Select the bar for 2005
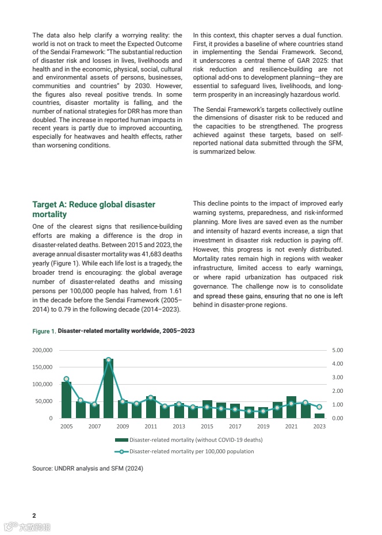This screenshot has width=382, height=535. pos(66,400)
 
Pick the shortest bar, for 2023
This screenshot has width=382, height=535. pos(319,415)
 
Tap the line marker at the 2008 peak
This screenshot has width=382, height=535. pos(109,360)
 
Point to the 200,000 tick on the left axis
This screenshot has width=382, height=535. pos(43,350)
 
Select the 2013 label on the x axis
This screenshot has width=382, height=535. pos(179,427)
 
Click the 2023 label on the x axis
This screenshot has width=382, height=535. pos(319,427)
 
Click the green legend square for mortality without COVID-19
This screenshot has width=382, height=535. pos(125,440)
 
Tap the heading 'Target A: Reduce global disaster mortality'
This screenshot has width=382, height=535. pos(94,210)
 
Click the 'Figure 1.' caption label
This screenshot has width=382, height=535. pos(44,332)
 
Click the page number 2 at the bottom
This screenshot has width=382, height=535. pos(34,515)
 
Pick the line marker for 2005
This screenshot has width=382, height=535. pos(66,379)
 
